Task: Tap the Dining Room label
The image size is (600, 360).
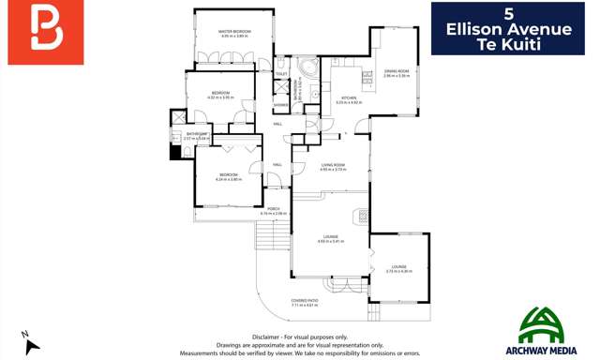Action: click(396, 70)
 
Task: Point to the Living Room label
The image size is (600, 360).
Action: click(333, 165)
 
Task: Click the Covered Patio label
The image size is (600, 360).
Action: click(305, 299)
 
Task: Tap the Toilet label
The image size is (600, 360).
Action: click(281, 73)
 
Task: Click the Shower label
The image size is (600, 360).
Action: click(281, 105)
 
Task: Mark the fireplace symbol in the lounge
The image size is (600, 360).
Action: click(359, 217)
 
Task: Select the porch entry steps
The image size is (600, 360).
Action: click(269, 236)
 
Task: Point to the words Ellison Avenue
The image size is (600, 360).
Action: click(509, 30)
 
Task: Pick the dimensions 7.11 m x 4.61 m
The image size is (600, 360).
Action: click(305, 305)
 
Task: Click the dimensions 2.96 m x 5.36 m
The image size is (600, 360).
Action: click(396, 76)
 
